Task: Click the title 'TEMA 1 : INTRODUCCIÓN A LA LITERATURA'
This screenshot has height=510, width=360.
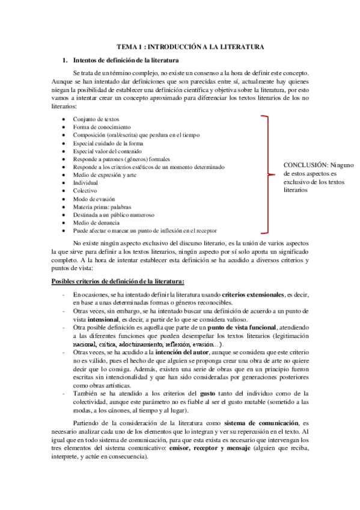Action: click(x=190, y=46)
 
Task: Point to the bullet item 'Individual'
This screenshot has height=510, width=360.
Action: click(x=85, y=182)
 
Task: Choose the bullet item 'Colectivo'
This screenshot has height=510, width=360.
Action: click(x=85, y=190)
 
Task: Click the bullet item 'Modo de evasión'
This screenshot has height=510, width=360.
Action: click(x=94, y=198)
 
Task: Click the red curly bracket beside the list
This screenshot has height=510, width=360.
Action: click(x=267, y=174)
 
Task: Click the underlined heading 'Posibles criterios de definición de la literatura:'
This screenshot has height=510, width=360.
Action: click(x=118, y=281)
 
